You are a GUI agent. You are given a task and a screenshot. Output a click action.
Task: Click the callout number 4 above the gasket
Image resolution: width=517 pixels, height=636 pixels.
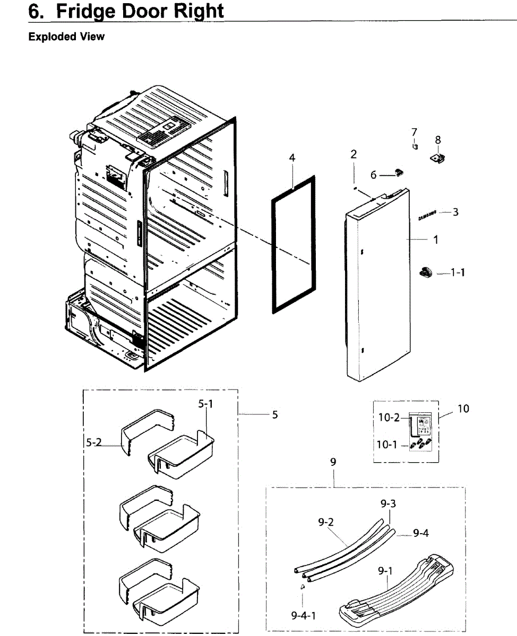pos(292,158)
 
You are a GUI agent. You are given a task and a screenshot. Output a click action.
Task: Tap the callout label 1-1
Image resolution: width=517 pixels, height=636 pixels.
pos(458,272)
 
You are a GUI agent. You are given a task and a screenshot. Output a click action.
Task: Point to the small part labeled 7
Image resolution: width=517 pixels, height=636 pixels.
pos(415,146)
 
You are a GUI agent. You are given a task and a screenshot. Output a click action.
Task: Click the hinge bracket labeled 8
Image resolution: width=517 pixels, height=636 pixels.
pos(437,158)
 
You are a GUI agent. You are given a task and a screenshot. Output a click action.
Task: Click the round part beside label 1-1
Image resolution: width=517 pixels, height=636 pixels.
pos(426,272)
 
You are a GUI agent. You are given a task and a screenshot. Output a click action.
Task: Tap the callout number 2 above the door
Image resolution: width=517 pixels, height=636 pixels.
pos(354,154)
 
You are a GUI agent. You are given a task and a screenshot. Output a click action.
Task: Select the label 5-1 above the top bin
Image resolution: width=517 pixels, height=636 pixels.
pos(205,404)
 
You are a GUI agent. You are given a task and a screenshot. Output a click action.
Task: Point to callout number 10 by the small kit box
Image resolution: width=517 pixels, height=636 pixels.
pos(463,409)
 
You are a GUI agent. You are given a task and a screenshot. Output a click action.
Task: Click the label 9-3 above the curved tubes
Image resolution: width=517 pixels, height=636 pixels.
pos(388,505)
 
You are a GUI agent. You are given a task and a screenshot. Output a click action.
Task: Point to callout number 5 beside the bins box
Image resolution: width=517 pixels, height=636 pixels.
pos(275,414)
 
